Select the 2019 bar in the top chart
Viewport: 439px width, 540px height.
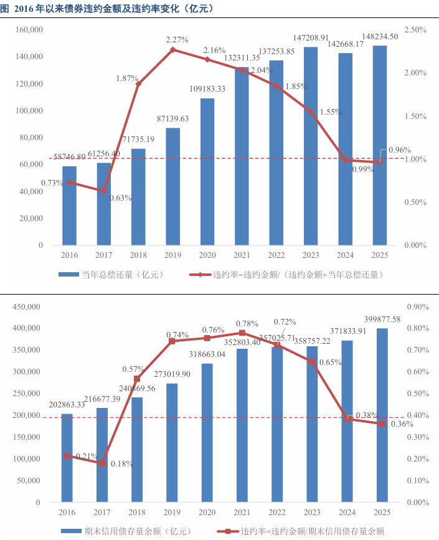coord(173,186)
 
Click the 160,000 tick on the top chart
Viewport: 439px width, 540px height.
coord(30,30)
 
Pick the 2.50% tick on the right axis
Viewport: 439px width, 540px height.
coord(415,30)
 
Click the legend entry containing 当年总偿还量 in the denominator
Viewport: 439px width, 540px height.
coord(298,274)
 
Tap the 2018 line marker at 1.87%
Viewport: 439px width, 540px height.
coord(139,83)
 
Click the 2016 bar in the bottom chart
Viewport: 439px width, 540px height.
coord(67,458)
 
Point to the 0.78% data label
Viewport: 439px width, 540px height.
coord(248,323)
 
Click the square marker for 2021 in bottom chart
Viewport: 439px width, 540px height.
coord(242,333)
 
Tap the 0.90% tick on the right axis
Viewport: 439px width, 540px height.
coord(415,307)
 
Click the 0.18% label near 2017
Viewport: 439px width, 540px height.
coord(122,464)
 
